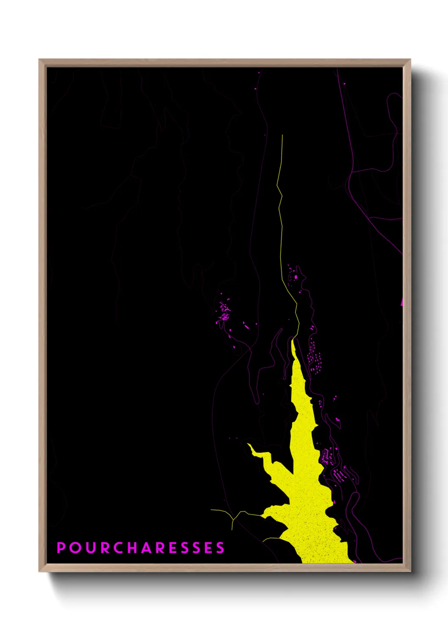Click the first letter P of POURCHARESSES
pyautogui.click(x=61, y=547)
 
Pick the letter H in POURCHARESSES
pyautogui.click(x=133, y=547)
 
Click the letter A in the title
pyautogui.click(x=148, y=547)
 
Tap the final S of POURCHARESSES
pyautogui.click(x=220, y=547)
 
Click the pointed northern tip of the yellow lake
pyautogui.click(x=292, y=339)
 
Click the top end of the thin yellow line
pyautogui.click(x=282, y=136)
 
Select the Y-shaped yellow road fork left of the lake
pyautogui.click(x=233, y=518)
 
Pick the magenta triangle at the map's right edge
pyautogui.click(x=401, y=302)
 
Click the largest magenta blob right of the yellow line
pyautogui.click(x=296, y=277)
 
